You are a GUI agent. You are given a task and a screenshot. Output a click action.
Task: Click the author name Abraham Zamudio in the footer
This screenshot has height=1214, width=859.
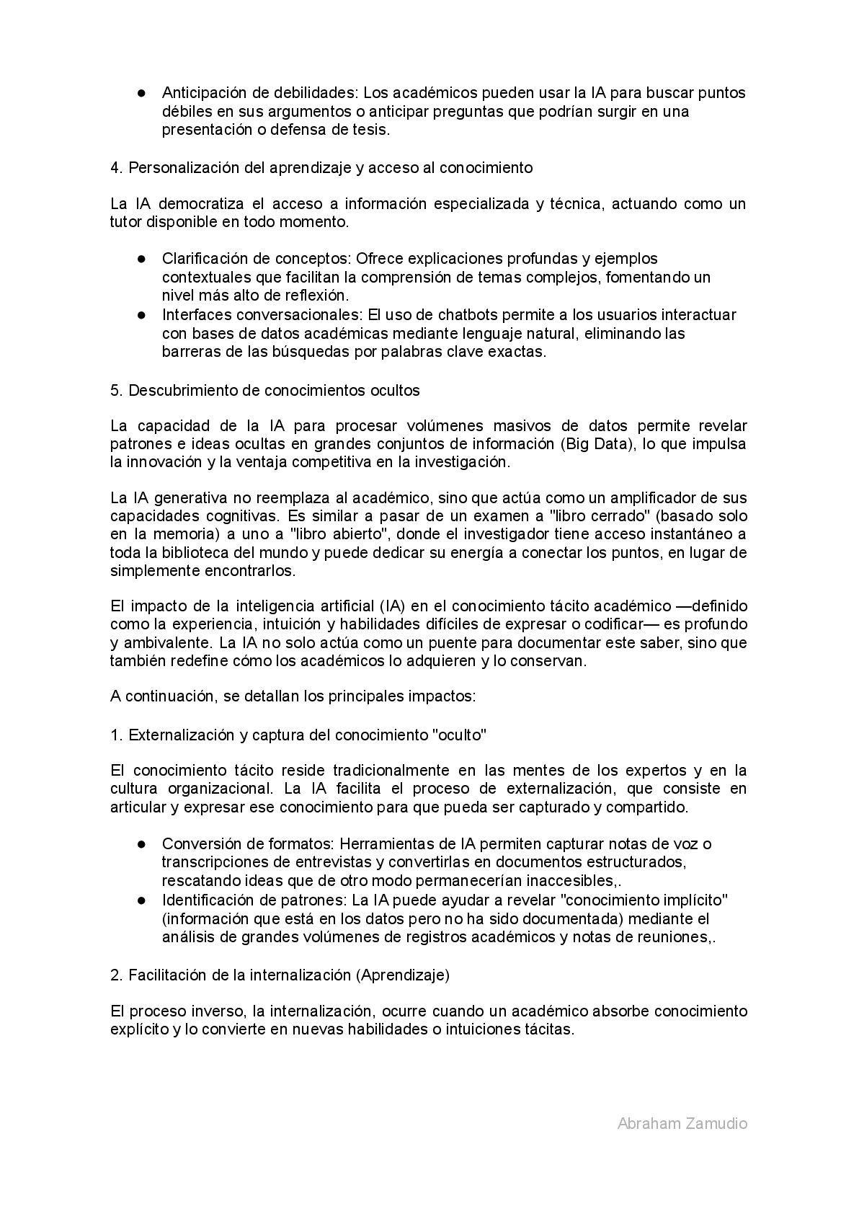coord(682,1123)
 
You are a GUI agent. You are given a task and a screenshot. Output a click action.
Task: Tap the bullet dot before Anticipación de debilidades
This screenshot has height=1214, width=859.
coord(143,93)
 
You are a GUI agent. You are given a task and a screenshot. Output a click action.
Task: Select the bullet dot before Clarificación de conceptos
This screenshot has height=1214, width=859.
coord(143,258)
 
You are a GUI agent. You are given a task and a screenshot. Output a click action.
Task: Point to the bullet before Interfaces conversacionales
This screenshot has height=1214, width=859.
coord(143,314)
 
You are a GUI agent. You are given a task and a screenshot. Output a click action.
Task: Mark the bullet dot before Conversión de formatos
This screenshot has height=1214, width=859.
coord(143,843)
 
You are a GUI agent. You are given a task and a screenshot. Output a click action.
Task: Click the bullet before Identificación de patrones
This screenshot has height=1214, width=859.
coord(143,900)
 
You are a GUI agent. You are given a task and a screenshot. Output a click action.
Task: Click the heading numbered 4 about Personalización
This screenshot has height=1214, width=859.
coord(321,168)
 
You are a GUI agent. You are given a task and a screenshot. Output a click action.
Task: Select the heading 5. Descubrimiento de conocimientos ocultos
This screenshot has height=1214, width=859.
coord(264,390)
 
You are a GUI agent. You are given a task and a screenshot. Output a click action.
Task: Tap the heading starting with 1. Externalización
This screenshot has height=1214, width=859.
coord(298,735)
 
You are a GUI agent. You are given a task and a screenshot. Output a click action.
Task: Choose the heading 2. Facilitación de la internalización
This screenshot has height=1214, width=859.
coord(280,975)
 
